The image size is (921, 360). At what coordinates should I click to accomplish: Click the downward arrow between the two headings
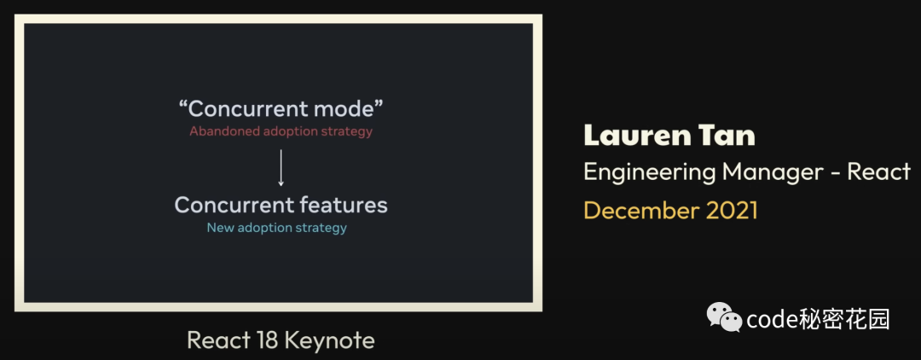click(281, 167)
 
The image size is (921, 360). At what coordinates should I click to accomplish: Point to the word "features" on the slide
click(343, 205)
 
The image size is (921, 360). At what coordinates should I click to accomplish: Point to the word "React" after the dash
click(878, 171)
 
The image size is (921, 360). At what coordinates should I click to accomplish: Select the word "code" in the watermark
click(771, 320)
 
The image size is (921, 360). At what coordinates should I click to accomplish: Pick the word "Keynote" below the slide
click(329, 340)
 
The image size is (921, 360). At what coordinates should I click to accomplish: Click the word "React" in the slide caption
click(218, 340)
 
